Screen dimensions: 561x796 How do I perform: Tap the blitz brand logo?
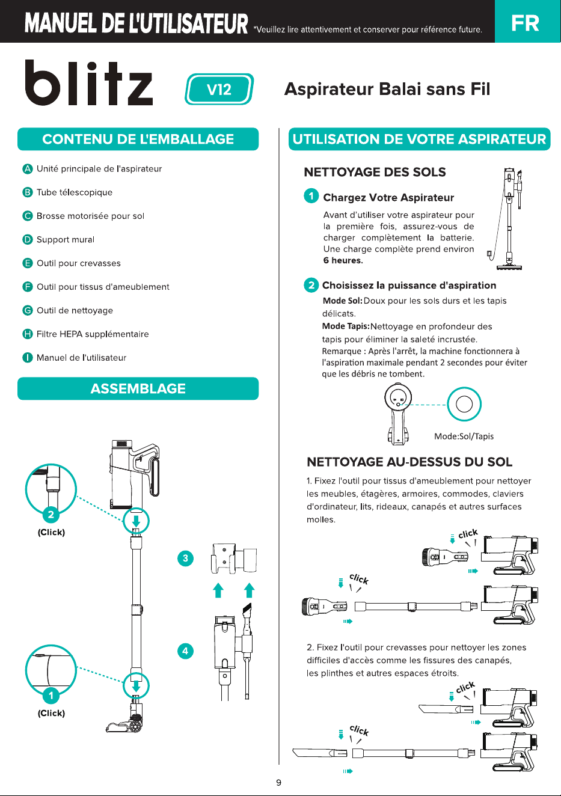[89, 82]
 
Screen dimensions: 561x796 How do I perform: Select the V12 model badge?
[219, 89]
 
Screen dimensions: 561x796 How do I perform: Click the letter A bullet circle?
[28, 169]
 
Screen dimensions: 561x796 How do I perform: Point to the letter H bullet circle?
[28, 334]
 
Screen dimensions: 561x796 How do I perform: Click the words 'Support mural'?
[66, 239]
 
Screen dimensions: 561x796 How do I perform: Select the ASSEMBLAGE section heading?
[138, 388]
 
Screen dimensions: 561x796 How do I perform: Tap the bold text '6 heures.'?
[343, 260]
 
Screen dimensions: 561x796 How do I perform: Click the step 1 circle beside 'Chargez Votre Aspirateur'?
[311, 196]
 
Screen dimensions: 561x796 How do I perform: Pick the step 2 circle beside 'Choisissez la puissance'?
[311, 285]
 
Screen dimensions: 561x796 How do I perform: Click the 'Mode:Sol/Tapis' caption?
[464, 436]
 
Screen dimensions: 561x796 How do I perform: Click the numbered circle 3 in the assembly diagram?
[185, 559]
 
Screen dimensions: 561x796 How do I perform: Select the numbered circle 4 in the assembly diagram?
[185, 651]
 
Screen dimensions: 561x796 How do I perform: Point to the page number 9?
[279, 783]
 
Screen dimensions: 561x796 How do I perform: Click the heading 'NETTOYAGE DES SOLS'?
[375, 172]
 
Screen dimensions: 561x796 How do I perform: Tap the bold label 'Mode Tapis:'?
[346, 326]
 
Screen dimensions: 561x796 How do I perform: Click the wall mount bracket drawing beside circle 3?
[234, 558]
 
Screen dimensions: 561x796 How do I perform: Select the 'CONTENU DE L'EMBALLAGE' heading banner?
[138, 139]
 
